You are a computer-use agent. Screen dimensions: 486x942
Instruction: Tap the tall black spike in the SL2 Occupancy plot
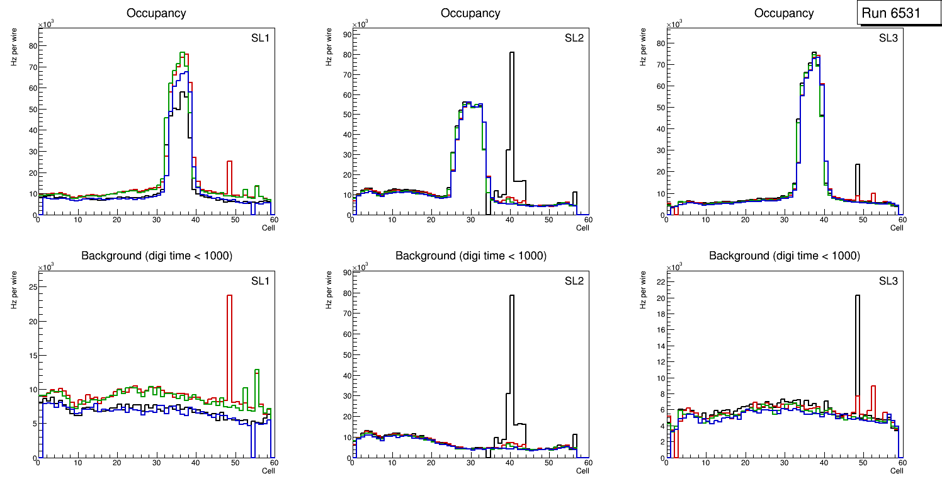[512, 113]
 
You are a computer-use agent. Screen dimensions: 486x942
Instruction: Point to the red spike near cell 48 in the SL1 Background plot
[230, 346]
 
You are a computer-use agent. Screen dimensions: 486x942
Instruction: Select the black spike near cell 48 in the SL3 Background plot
[858, 353]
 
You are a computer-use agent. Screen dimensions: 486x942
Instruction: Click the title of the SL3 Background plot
[784, 256]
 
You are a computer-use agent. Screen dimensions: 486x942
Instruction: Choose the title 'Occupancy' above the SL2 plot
[470, 13]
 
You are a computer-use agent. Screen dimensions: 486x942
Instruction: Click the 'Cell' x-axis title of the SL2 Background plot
[582, 471]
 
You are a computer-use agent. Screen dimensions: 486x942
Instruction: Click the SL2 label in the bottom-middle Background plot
[574, 281]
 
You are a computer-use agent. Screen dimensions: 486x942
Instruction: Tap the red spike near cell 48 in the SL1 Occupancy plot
[230, 176]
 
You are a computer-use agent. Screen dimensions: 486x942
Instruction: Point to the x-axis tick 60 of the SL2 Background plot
[587, 463]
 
